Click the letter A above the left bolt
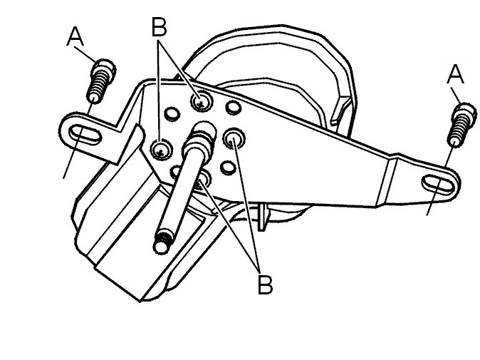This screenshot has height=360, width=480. pos(75,36)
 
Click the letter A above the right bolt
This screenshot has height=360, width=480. pos(455,74)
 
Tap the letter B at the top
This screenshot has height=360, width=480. pos(160,26)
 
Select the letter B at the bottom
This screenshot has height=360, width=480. pos(265,284)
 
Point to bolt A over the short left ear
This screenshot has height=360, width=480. pos(101,81)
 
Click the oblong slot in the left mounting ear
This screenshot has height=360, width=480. pos(85,133)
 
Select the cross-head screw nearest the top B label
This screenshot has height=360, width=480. pos(202,101)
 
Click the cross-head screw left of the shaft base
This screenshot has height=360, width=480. pos(161,150)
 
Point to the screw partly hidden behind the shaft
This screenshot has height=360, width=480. pos(203,178)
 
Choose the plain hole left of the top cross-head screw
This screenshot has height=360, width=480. pos(172,113)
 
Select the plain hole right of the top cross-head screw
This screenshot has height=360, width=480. pos(234,107)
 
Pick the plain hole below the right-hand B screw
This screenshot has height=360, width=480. pos(228,167)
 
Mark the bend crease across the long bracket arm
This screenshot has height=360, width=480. pos(386,182)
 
